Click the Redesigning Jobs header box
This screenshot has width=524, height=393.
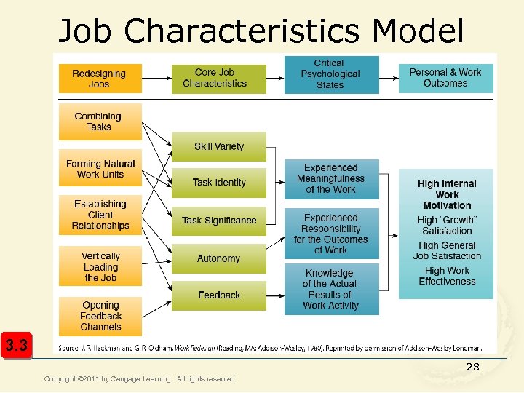click(100, 79)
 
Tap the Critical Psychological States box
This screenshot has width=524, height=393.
click(331, 74)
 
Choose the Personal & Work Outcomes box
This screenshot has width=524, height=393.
click(445, 78)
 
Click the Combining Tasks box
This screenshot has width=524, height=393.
click(100, 122)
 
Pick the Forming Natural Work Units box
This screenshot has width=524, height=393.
click(100, 170)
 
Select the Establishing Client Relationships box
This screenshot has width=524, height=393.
click(100, 215)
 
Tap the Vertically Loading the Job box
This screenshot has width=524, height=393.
click(100, 266)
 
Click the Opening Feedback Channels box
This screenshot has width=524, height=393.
click(100, 316)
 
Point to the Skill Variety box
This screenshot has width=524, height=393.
click(219, 146)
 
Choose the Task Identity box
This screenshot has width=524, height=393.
click(219, 183)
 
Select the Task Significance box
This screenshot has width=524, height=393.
click(219, 221)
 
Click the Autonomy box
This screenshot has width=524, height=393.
click(219, 258)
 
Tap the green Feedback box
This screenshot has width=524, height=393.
click(219, 295)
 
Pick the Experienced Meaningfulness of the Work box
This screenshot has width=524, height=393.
click(331, 179)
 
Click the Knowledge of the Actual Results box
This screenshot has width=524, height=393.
click(331, 289)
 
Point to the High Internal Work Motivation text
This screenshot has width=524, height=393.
click(447, 195)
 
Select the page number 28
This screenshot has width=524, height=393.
click(473, 368)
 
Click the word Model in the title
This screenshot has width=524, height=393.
click(418, 31)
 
